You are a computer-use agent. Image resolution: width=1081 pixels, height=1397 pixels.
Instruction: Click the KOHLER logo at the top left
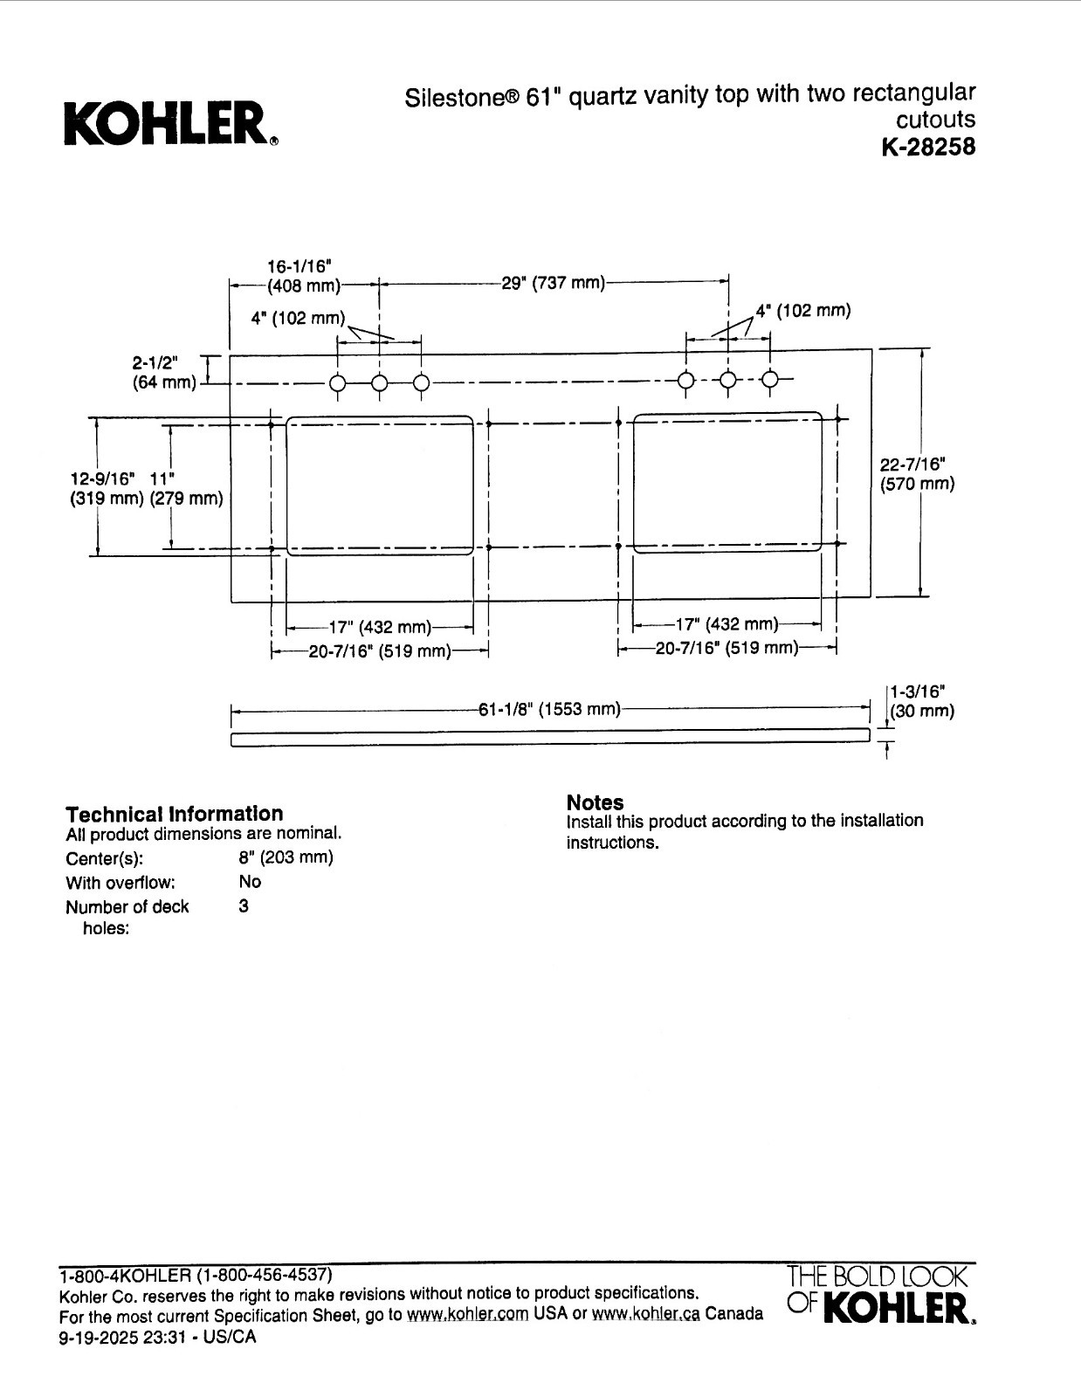[171, 123]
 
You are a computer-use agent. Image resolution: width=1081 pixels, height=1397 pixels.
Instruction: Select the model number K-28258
[928, 148]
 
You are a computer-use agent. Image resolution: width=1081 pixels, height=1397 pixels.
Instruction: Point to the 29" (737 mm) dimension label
[553, 283]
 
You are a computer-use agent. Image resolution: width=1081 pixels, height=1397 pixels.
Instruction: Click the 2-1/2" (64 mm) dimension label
[164, 372]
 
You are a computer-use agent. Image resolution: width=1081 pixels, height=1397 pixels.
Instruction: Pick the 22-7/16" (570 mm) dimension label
[917, 473]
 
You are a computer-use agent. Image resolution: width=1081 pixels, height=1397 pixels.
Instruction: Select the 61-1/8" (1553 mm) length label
[549, 709]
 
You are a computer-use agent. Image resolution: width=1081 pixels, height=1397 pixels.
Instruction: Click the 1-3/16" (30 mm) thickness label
[922, 701]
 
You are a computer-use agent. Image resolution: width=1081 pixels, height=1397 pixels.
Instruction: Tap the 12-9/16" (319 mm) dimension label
[106, 489]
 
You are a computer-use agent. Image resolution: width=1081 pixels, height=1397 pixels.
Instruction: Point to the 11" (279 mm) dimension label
[186, 489]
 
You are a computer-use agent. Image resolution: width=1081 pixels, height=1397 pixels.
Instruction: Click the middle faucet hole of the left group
[380, 384]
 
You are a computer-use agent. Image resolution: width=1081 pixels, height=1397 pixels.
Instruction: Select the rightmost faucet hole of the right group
[769, 380]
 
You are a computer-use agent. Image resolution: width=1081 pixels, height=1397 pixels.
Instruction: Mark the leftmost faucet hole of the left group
[338, 384]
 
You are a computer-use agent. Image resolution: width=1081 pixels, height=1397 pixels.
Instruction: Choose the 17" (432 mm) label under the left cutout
[381, 627]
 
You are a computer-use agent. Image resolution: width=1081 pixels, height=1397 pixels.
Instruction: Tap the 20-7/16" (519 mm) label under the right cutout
[726, 648]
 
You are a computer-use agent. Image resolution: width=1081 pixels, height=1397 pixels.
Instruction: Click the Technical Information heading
[174, 814]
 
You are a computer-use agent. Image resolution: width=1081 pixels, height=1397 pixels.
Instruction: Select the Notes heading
[595, 802]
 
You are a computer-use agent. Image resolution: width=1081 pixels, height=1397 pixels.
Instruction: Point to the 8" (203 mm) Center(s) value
[286, 857]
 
